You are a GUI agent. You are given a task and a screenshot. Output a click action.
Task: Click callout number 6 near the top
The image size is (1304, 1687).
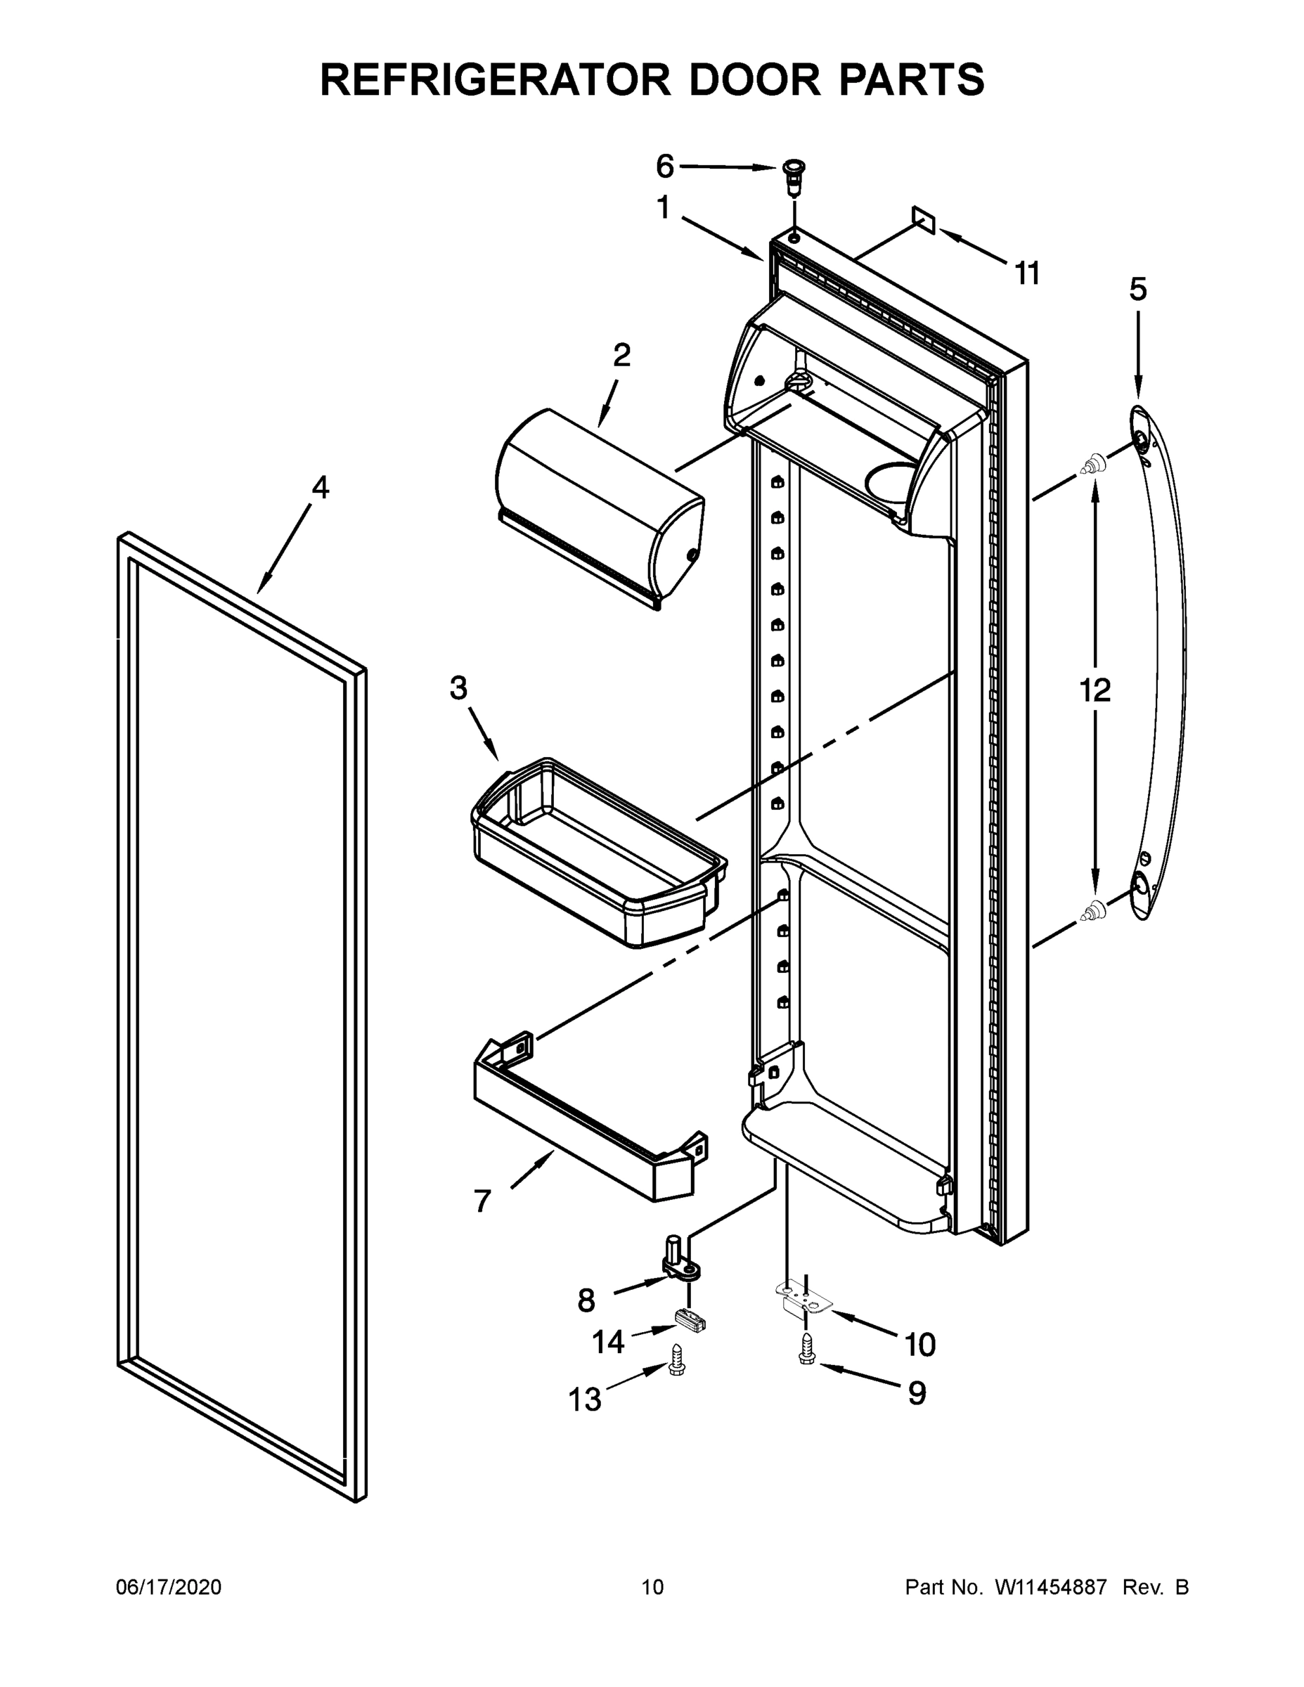tap(664, 165)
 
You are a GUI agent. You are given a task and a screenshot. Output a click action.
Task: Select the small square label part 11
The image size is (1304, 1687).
tap(924, 220)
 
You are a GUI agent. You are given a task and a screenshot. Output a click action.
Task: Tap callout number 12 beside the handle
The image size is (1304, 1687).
tap(1095, 690)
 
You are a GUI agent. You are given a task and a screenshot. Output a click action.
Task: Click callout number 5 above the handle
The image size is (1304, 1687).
tap(1138, 290)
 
